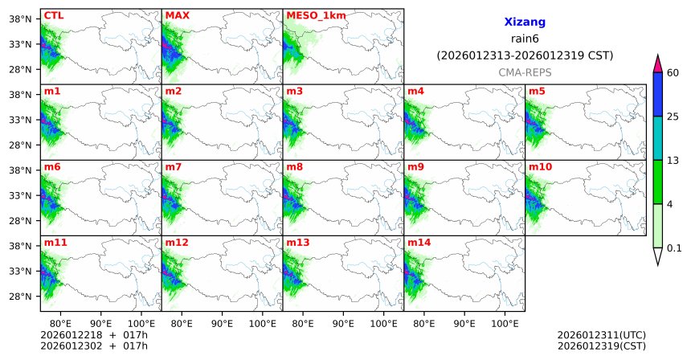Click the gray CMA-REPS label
(x=525, y=72)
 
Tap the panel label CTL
(x=54, y=15)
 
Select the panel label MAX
(x=178, y=15)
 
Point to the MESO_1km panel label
(x=313, y=15)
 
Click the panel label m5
(x=537, y=91)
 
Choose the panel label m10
(x=540, y=166)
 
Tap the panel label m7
(x=174, y=166)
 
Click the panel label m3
(x=295, y=91)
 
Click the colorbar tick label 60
(x=674, y=73)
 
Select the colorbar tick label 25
(x=674, y=117)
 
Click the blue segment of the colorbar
(x=657, y=95)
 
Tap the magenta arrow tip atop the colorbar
(x=657, y=62)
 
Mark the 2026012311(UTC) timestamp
(x=601, y=334)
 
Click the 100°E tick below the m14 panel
(x=505, y=323)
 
